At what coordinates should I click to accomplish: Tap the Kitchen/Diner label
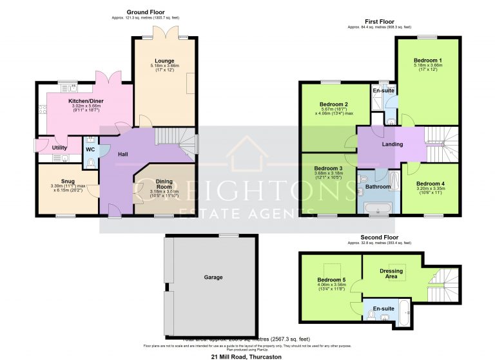click(86, 102)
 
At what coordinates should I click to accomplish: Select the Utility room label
click(51, 147)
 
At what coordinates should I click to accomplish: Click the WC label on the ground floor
click(91, 149)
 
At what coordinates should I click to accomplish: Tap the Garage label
click(213, 278)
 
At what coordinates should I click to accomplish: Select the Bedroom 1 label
click(427, 60)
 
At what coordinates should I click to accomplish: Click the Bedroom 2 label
click(334, 104)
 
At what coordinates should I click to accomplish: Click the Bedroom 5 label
click(331, 279)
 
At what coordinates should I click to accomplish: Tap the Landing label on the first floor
click(392, 144)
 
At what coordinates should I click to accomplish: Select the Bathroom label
click(378, 187)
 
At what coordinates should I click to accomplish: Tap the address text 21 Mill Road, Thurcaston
click(247, 355)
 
